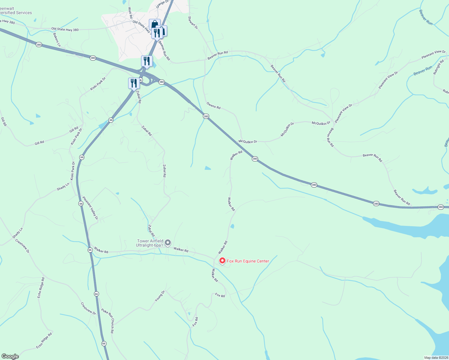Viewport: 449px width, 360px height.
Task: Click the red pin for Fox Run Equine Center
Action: click(x=222, y=261)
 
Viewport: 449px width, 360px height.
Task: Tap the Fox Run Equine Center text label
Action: click(x=248, y=261)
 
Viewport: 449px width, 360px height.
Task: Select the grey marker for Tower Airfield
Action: click(x=168, y=242)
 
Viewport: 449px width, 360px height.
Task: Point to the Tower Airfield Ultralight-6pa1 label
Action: click(x=150, y=243)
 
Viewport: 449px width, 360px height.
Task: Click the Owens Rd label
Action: click(x=213, y=105)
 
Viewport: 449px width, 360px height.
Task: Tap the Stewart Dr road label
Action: click(x=193, y=22)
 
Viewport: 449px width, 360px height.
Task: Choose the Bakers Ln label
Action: click(x=57, y=40)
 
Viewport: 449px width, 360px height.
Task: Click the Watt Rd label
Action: click(x=130, y=13)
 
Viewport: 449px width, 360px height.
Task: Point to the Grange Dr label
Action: click(x=162, y=3)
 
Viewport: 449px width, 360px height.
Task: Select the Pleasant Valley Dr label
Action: click(x=90, y=208)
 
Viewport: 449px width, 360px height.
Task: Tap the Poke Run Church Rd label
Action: click(x=107, y=321)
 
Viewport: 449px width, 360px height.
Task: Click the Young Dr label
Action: click(x=160, y=296)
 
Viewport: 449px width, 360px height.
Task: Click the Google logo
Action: click(x=10, y=356)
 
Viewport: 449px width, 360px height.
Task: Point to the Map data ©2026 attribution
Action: click(x=436, y=358)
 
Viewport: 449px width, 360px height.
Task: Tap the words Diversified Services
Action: click(x=16, y=13)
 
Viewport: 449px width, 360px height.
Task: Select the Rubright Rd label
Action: click(x=438, y=67)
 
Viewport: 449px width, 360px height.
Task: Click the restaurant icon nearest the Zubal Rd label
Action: click(x=134, y=83)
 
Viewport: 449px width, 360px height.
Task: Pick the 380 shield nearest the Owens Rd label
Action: click(x=206, y=116)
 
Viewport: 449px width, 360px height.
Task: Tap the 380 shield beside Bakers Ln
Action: click(x=39, y=45)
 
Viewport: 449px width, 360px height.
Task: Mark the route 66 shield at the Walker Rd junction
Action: click(x=90, y=250)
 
